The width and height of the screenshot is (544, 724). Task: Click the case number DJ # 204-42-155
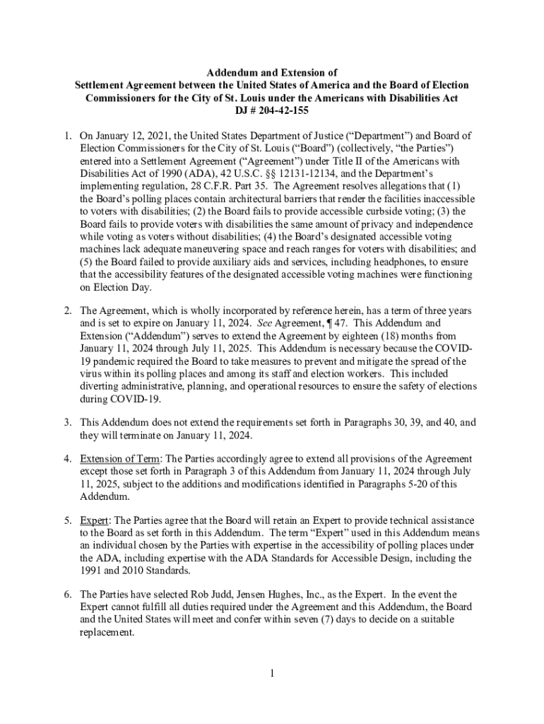[272, 110]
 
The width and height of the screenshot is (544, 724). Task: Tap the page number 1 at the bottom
[272, 672]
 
